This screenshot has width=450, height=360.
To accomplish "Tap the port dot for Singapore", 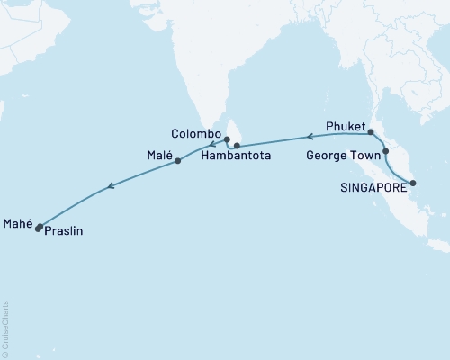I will [x=412, y=184].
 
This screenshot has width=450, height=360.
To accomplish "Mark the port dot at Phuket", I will [x=371, y=132].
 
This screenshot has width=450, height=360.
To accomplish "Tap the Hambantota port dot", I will [x=237, y=145].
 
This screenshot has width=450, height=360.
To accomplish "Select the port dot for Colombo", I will [x=228, y=139].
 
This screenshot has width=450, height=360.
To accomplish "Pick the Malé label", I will [x=158, y=155].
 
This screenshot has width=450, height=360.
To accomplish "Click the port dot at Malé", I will [x=178, y=161].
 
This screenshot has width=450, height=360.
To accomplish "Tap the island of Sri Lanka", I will [x=235, y=133].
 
